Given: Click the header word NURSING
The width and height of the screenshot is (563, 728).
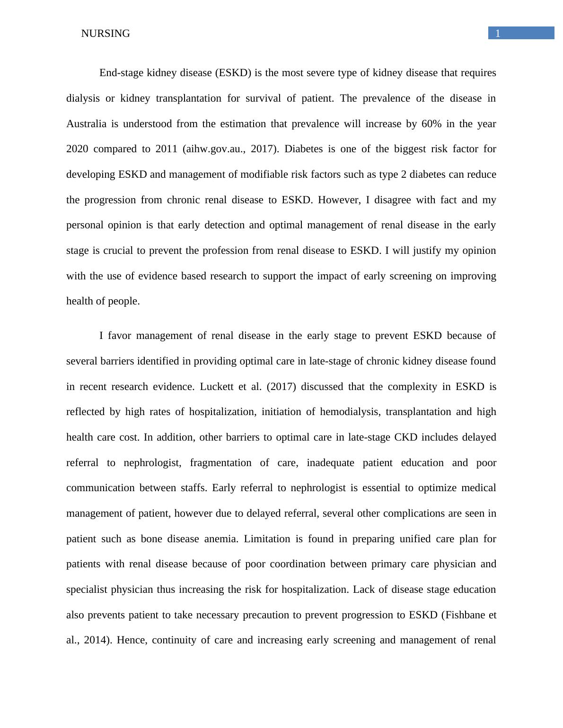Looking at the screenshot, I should [x=105, y=34].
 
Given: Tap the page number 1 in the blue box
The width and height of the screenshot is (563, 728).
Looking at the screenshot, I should [x=498, y=33].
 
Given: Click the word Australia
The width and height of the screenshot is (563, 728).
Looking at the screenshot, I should [x=86, y=124].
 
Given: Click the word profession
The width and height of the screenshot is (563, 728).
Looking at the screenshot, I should [x=225, y=251].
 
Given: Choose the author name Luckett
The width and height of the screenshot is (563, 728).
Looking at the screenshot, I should [x=217, y=387].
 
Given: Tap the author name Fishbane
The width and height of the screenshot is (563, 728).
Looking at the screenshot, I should [x=464, y=615].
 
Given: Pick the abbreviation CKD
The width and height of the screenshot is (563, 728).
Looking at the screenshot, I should [x=405, y=437].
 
